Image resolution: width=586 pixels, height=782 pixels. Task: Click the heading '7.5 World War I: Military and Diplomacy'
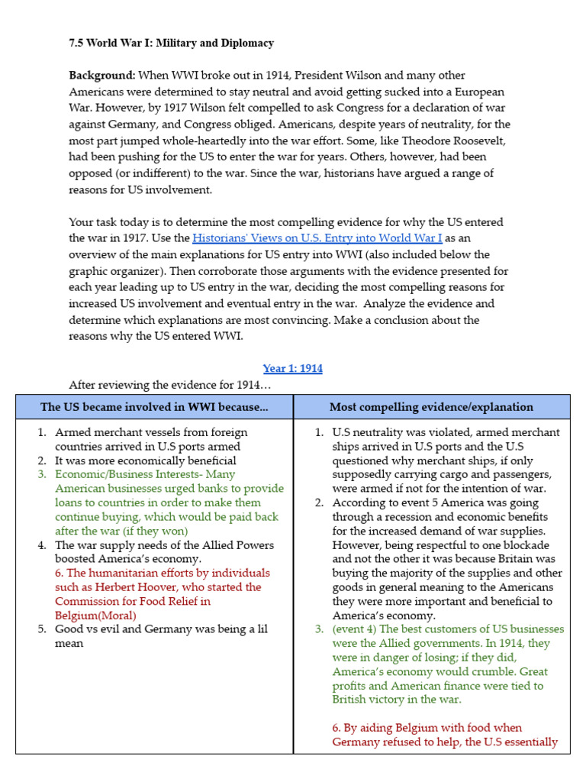coord(171,43)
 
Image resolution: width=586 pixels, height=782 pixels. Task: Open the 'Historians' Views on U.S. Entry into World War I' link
coord(317,238)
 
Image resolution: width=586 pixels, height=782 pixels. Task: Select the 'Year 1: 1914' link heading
coord(292,368)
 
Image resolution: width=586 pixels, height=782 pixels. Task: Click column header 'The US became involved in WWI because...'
coord(154,407)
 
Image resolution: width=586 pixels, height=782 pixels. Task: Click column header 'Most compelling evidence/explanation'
coord(431,407)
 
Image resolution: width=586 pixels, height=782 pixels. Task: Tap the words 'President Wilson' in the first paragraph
coord(339,76)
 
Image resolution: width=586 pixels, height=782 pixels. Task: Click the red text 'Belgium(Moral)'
coord(95,616)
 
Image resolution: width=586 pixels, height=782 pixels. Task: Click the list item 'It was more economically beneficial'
coord(145,460)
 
